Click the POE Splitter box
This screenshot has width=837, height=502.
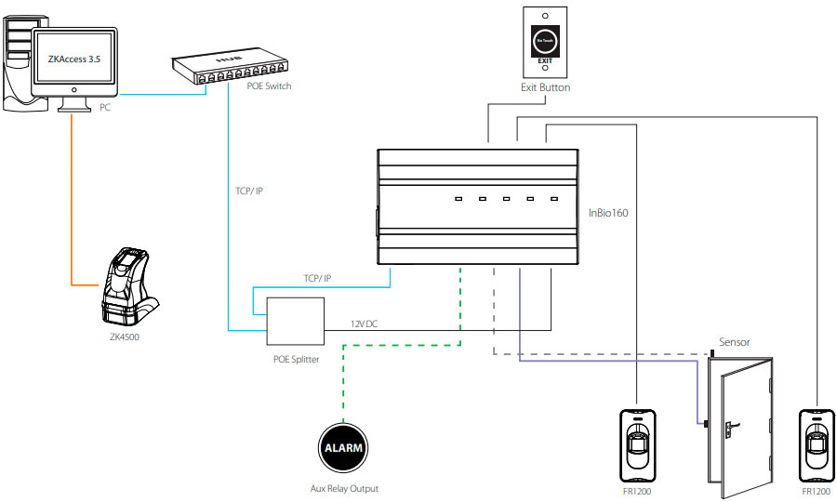pyautogui.click(x=294, y=322)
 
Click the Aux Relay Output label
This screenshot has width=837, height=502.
pyautogui.click(x=344, y=488)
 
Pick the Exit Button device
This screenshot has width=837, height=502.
pyautogui.click(x=545, y=42)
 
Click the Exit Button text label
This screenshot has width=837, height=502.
pyautogui.click(x=545, y=87)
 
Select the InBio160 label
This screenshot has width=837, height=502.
pyautogui.click(x=608, y=213)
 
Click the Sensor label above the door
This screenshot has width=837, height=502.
pyautogui.click(x=735, y=342)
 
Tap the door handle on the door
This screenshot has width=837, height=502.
pyautogui.click(x=731, y=427)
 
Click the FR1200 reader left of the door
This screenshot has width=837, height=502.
pyautogui.click(x=637, y=444)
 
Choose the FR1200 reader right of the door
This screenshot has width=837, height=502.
pyautogui.click(x=816, y=444)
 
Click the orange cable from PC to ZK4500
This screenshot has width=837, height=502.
pyautogui.click(x=73, y=205)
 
